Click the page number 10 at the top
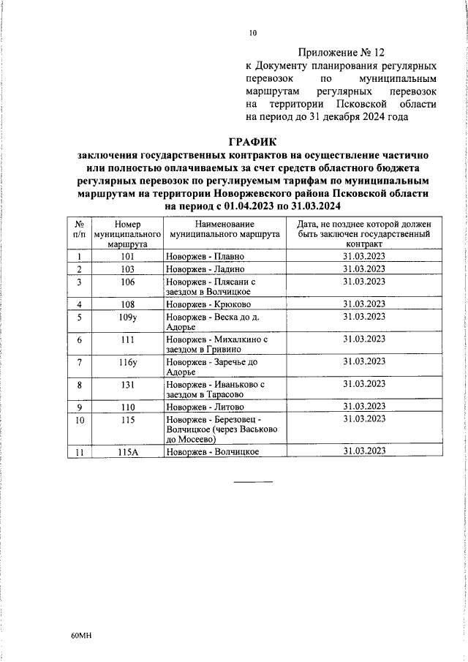point(253,33)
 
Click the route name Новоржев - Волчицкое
point(213,453)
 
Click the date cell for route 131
point(364,383)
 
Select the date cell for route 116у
point(364,361)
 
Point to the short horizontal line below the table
point(253,481)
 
